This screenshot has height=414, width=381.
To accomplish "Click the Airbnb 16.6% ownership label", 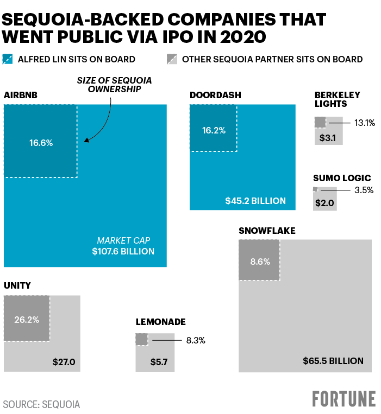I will [x=40, y=143].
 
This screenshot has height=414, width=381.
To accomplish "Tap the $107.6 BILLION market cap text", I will [x=123, y=251].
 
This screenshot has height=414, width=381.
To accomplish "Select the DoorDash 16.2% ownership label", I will [x=213, y=130].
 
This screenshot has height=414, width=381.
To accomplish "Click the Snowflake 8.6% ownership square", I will [x=259, y=260].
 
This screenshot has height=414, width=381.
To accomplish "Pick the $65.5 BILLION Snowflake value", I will [x=333, y=361].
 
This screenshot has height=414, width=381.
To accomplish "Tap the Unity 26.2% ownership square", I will [x=27, y=319].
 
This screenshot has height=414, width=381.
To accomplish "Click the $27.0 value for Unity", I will [x=64, y=361].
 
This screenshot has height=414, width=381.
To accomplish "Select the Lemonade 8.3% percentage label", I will [x=196, y=341].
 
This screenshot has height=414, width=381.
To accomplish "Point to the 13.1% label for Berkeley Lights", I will [x=365, y=123].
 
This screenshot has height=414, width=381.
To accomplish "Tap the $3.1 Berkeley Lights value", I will [x=328, y=138].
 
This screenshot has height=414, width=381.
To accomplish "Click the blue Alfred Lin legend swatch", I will [x=8, y=59].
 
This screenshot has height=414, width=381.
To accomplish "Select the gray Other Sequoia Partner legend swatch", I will [x=172, y=59].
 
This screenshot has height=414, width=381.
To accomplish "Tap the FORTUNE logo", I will [x=343, y=399].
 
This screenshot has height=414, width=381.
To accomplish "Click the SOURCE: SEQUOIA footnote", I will [x=41, y=404].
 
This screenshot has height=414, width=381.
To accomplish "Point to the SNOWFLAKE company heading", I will [x=267, y=231].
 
